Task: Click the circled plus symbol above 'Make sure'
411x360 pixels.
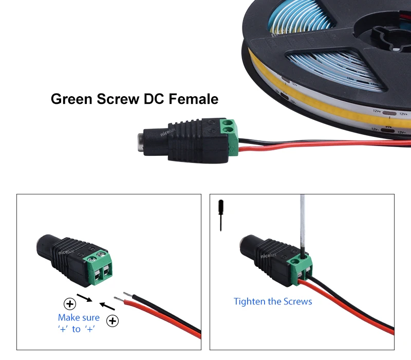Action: tap(69, 303)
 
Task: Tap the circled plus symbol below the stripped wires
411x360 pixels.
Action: tap(112, 322)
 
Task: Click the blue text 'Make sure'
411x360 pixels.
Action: tap(79, 318)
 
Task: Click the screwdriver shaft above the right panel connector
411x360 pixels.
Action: tap(303, 221)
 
